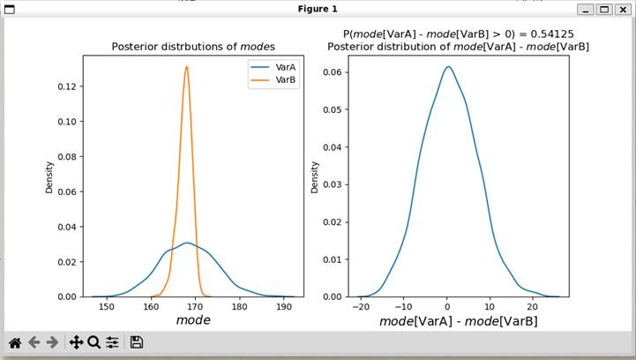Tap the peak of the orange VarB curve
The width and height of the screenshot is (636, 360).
[187, 67]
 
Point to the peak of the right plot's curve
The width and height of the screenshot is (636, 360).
[448, 67]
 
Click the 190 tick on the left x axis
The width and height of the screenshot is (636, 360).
[283, 308]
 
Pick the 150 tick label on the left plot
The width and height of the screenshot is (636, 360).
[107, 308]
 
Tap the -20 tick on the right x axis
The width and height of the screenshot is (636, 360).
[360, 308]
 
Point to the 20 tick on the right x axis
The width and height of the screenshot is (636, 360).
[533, 308]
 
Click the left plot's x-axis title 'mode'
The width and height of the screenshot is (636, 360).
[193, 320]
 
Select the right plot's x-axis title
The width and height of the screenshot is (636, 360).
[458, 321]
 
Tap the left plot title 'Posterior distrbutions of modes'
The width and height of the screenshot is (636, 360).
[193, 47]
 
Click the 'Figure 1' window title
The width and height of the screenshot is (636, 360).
[318, 9]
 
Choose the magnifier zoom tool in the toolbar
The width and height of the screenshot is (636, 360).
[94, 342]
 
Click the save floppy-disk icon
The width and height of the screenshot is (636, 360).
[136, 342]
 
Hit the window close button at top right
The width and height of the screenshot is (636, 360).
[623, 9]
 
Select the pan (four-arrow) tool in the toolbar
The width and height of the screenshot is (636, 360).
[76, 342]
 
